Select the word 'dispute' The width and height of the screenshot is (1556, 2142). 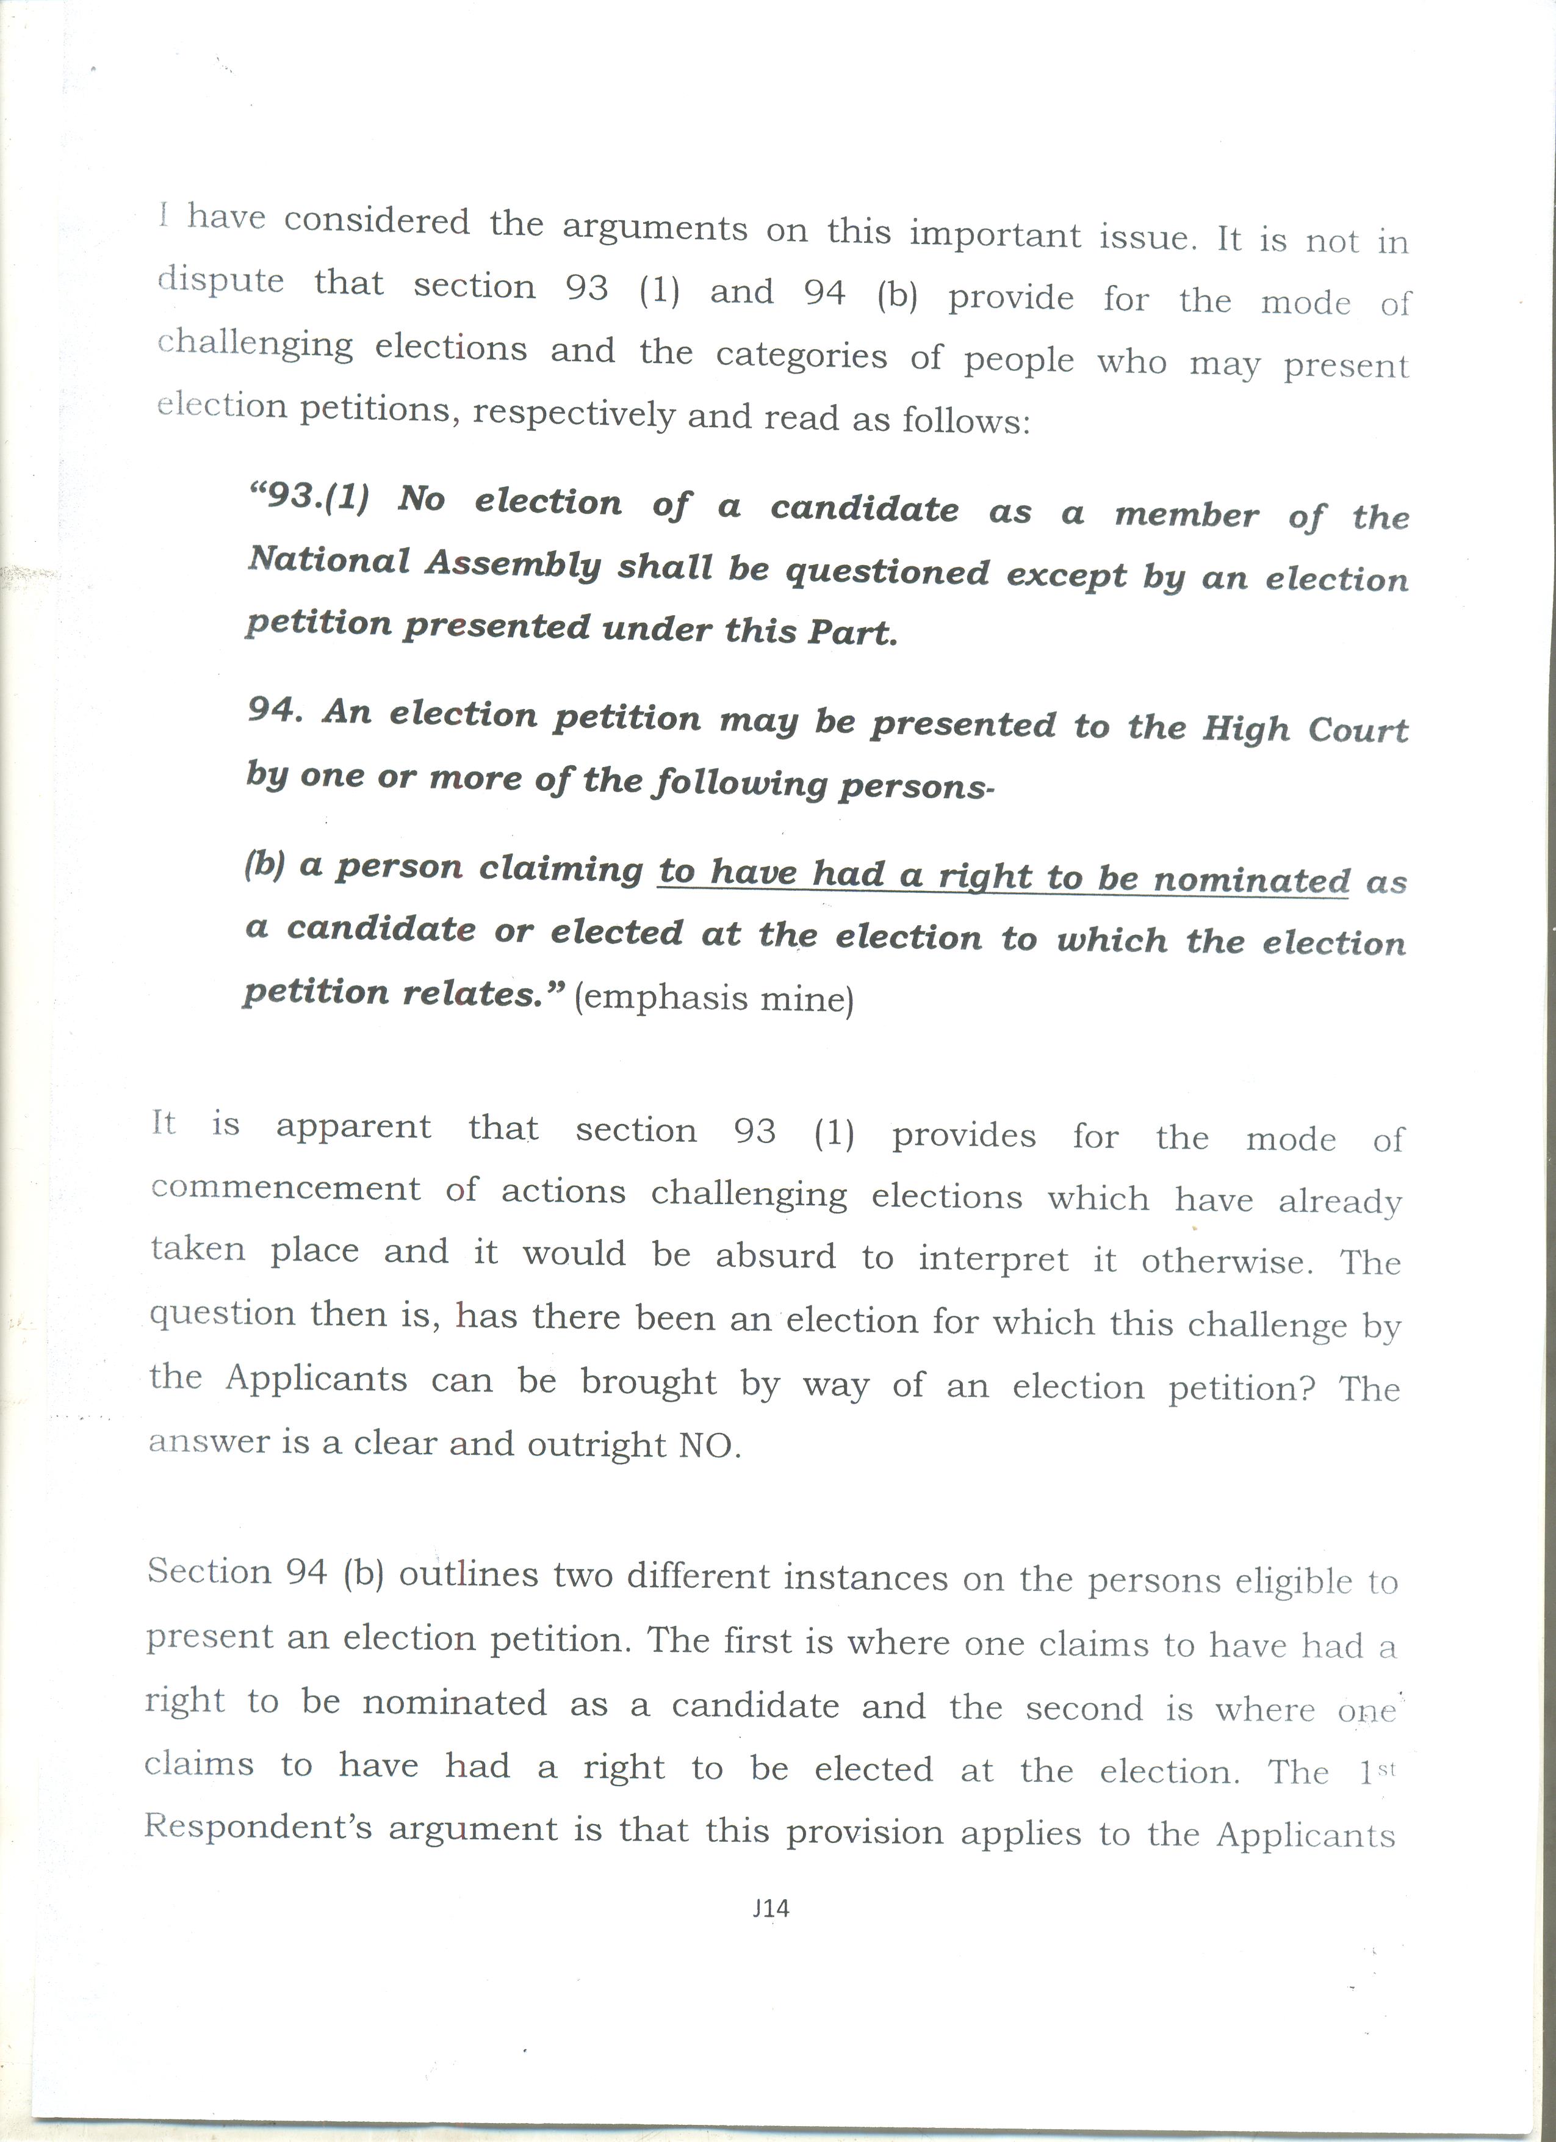[221, 281]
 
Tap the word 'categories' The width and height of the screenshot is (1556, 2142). [801, 355]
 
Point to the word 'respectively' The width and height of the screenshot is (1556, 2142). [574, 414]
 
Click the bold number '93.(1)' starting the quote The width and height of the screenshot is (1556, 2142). [309, 497]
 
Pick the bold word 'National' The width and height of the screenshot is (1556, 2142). [328, 561]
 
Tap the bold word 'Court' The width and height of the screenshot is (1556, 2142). [1357, 729]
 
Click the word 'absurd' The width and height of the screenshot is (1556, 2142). [775, 1256]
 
